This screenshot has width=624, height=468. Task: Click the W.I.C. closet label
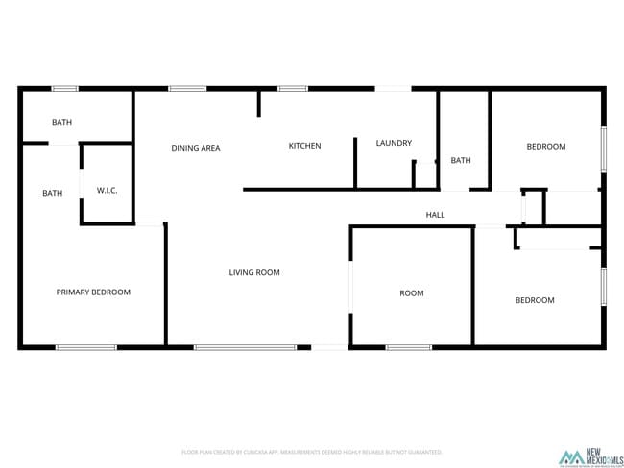[x=107, y=191]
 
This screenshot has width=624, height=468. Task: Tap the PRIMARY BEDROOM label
[x=93, y=292]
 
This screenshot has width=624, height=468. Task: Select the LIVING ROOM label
[x=254, y=273]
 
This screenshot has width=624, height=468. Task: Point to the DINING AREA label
[x=196, y=148]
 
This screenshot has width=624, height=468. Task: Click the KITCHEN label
[x=305, y=146]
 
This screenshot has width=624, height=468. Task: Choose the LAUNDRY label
[x=394, y=144]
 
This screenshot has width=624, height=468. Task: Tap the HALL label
[x=436, y=216]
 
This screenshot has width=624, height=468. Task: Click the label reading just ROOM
[x=412, y=293]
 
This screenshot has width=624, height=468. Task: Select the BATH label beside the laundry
[x=461, y=160]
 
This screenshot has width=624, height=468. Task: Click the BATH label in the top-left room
[x=61, y=123]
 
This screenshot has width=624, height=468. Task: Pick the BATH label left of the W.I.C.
[x=52, y=194]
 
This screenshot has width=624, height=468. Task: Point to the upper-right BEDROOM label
[x=546, y=147]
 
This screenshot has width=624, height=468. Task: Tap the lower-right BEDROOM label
[x=535, y=300]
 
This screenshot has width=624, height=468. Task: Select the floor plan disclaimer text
[x=312, y=452]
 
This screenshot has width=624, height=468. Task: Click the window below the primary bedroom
[x=85, y=347]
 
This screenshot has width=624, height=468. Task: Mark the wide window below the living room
[x=246, y=347]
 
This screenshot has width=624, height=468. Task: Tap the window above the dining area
[x=187, y=89]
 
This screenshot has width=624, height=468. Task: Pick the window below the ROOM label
[x=408, y=347]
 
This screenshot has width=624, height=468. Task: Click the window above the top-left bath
[x=65, y=89]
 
